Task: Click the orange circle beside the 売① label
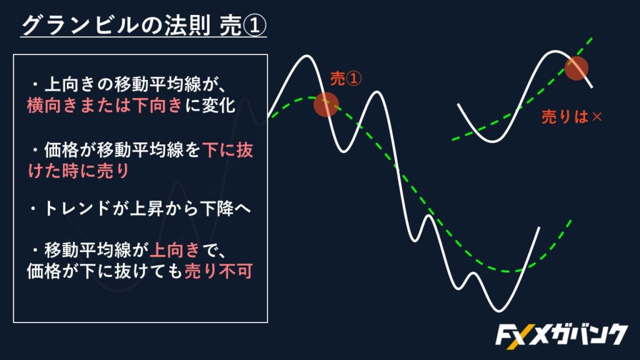pos(326,104)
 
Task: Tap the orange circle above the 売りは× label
pos(576,68)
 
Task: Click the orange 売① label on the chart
pos(346,78)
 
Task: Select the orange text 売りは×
pos(571,117)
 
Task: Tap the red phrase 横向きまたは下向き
pos(104,106)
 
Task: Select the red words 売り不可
pos(219,271)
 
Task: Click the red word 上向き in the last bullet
pos(175,250)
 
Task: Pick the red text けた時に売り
pos(78,171)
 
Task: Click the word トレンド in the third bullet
pos(77,209)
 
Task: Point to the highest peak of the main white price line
pos(306,56)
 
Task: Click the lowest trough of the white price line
pos(498,311)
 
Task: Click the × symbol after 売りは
pos(597,117)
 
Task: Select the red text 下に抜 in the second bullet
pos(227,150)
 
